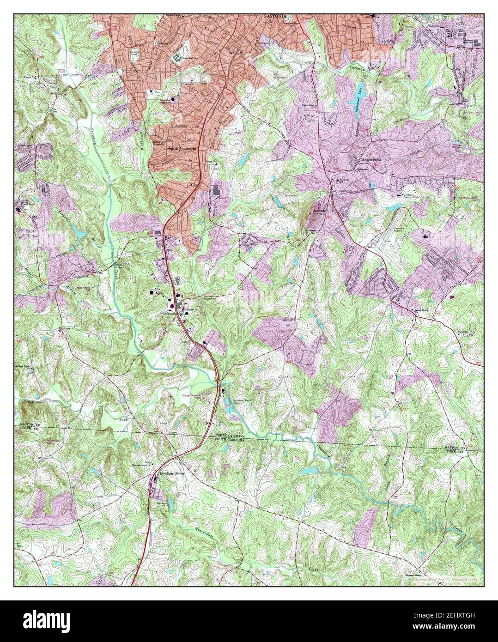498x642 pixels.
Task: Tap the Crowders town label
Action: [170, 312]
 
